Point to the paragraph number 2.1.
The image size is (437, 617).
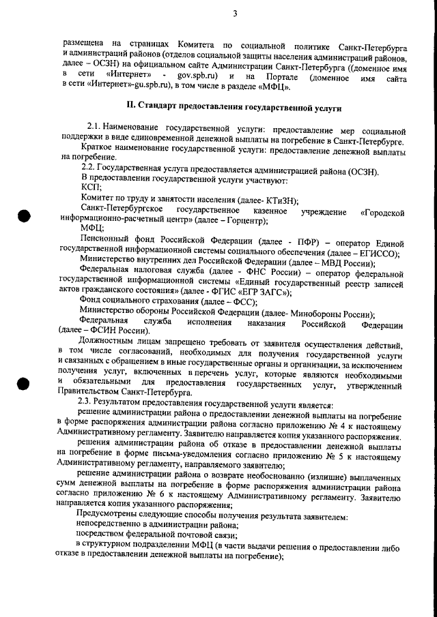pos(96,128)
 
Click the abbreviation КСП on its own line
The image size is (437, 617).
pos(90,186)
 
